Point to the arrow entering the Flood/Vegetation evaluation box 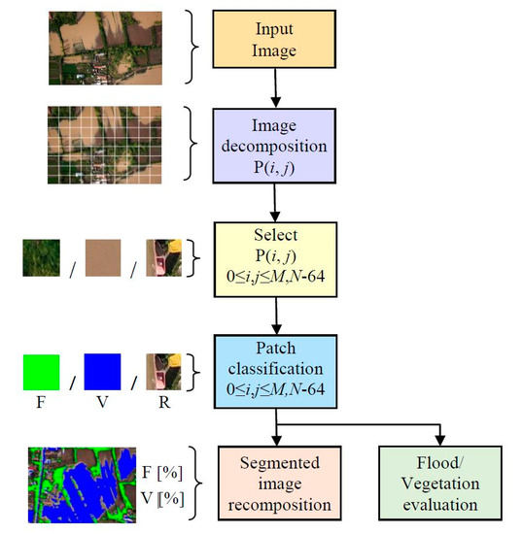[x=439, y=435]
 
